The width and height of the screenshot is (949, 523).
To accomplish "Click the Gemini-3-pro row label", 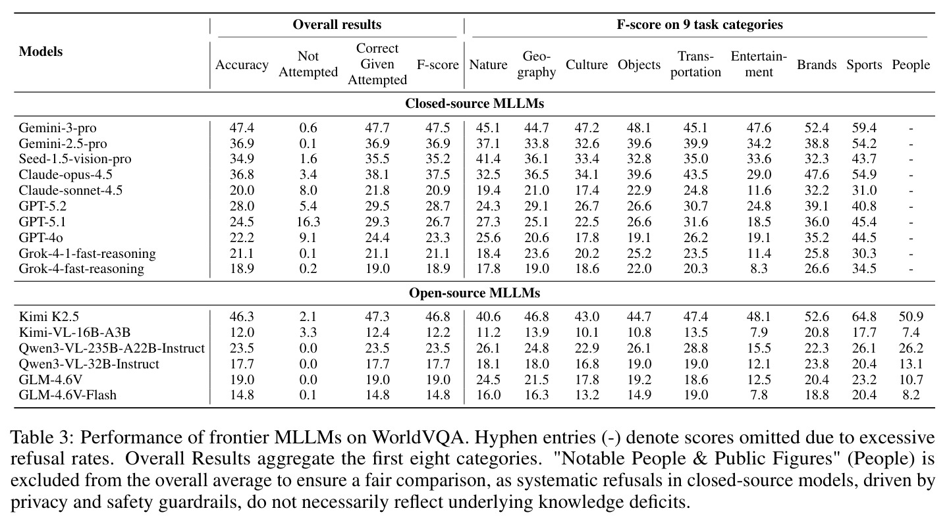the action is point(57,128).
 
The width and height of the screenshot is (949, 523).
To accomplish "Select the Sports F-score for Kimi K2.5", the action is point(864,316).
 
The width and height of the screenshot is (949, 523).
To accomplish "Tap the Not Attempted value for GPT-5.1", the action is point(308,222).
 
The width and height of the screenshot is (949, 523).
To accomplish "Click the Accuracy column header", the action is point(242,64).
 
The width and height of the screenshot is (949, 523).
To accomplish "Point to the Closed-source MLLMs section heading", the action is point(474,104).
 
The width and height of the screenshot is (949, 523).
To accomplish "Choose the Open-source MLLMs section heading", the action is point(474,293).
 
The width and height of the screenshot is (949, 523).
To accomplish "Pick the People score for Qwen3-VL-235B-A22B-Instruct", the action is point(911,348).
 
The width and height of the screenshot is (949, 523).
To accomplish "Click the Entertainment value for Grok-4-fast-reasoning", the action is point(759,268).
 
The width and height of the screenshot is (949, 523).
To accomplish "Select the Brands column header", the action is point(817,64).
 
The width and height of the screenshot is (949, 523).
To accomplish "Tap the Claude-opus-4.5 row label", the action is point(66,175).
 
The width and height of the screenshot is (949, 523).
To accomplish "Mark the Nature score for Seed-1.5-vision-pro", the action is point(488,159).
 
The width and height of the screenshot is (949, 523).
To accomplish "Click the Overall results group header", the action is point(337,24).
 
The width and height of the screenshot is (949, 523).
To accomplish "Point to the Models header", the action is point(41,51).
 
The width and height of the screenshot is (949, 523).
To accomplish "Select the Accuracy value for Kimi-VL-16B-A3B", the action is point(242,332).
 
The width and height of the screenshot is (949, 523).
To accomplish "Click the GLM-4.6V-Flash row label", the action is point(67,395).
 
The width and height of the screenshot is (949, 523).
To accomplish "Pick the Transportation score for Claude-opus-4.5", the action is point(695,175).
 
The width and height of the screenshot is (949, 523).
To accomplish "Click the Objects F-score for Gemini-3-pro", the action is point(639,128).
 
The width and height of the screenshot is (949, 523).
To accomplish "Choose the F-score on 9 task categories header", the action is point(699,24).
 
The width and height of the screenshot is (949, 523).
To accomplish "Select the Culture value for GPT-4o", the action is point(587,237).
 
